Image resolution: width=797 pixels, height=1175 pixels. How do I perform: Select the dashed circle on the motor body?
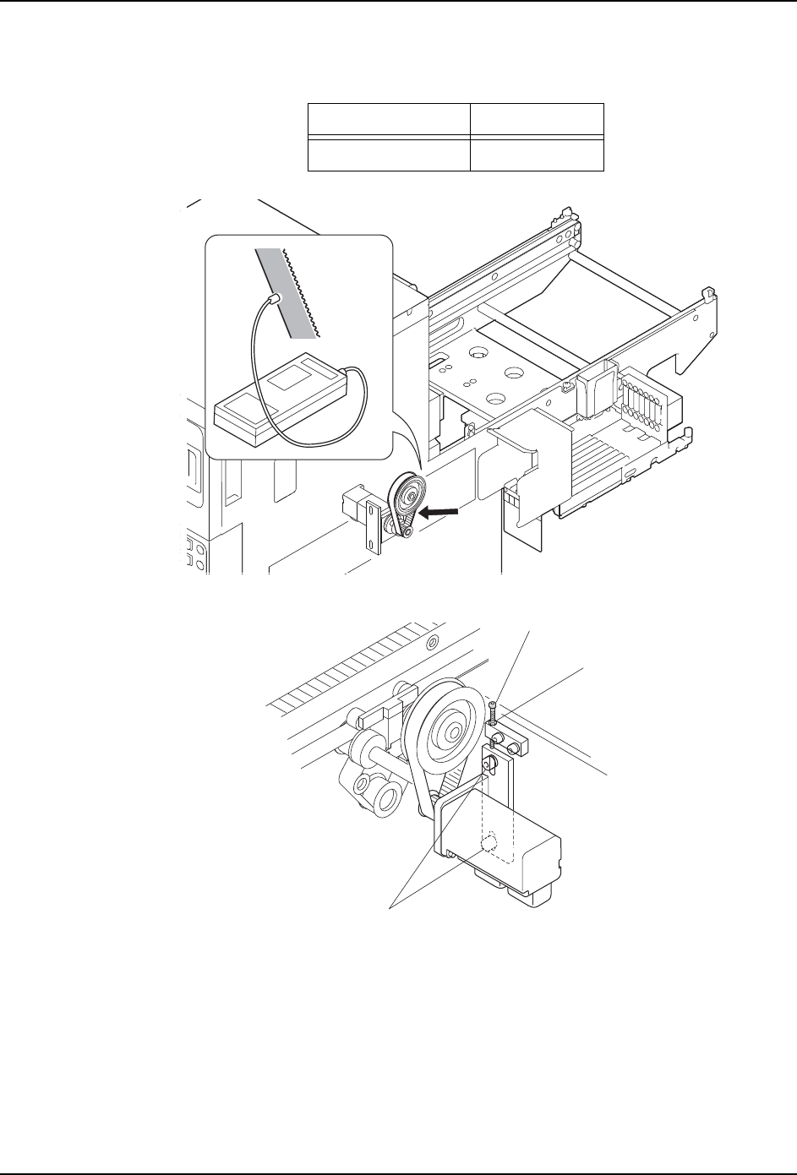coord(489,844)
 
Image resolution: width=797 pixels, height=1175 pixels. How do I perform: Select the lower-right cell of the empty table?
coord(537,155)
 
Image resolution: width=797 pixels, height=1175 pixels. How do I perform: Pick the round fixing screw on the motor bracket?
coord(487,764)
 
